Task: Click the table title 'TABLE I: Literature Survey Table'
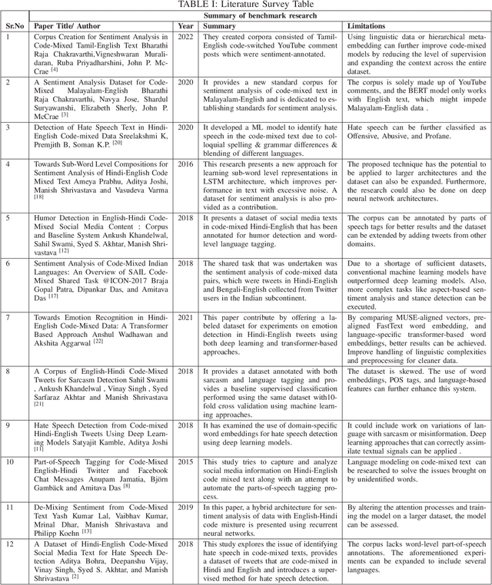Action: pyautogui.click(x=245, y=5)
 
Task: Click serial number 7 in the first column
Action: pyautogui.click(x=8, y=316)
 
